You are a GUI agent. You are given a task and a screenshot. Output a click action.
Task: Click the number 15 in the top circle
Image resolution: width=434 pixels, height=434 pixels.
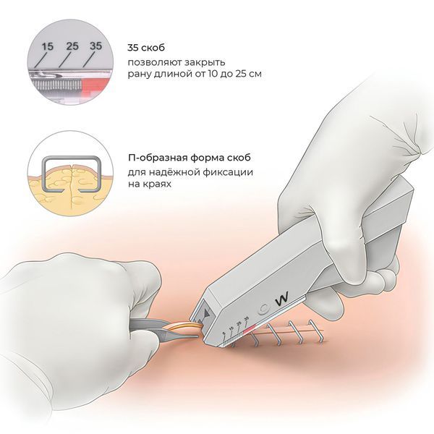47,46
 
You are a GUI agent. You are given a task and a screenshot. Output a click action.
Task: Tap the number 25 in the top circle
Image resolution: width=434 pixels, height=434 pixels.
72,46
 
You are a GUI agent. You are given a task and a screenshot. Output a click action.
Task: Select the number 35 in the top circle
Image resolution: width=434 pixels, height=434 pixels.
95,46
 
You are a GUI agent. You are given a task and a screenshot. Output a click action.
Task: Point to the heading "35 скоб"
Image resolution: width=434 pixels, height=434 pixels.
146,48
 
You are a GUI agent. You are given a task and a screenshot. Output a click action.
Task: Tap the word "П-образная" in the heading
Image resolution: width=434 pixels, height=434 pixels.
158,158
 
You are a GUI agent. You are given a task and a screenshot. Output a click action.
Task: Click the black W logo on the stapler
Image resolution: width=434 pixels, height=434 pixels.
282,298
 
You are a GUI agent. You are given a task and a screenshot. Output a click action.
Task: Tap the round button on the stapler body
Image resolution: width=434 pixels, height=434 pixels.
263,309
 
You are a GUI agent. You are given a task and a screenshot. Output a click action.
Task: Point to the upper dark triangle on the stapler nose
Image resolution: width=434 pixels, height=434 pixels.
206,312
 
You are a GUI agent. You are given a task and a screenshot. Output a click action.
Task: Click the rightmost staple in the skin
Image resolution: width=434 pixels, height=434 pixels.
316,331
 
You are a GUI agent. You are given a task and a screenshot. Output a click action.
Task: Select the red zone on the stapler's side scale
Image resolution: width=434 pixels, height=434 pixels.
250,328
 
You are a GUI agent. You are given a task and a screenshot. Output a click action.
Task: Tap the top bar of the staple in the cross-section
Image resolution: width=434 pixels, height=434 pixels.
71,158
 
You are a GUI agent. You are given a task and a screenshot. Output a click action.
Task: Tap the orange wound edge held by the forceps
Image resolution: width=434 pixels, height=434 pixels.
183,327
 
